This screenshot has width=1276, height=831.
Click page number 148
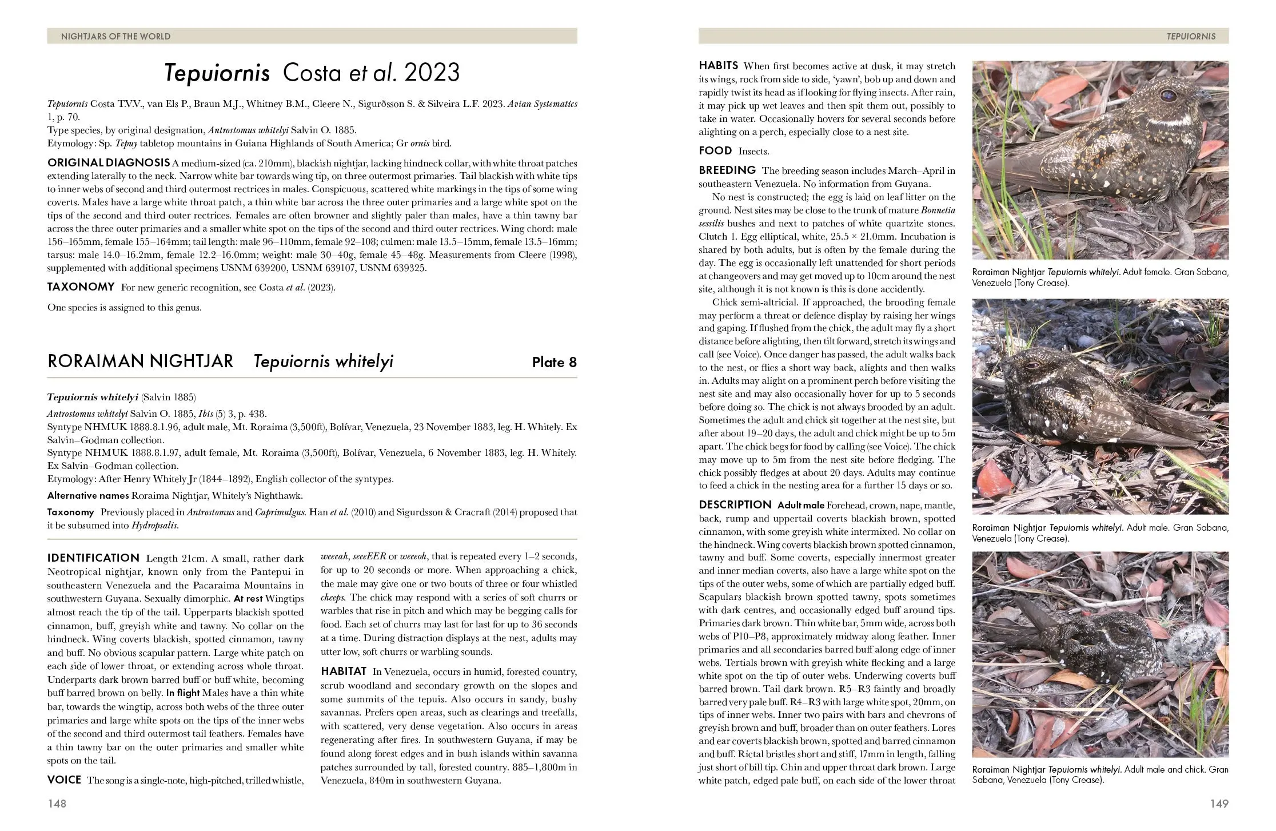(57, 804)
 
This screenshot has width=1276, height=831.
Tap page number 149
(1219, 804)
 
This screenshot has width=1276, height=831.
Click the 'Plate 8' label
(554, 362)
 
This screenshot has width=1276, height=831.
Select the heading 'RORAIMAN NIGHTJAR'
(140, 361)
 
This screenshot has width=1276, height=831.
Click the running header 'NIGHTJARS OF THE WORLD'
(115, 37)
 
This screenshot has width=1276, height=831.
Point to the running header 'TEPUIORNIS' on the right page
(1191, 37)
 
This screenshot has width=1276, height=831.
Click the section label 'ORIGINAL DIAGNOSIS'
(108, 162)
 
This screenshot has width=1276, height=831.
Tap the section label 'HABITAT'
(343, 671)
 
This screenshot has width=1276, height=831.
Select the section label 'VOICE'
(65, 780)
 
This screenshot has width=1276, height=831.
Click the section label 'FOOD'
(715, 151)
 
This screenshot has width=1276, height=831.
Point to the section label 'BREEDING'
(727, 170)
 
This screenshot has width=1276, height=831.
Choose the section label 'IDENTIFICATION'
(93, 558)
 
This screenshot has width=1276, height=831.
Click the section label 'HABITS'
(718, 66)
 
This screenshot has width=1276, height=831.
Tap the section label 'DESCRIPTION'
(735, 504)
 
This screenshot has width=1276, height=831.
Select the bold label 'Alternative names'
(88, 495)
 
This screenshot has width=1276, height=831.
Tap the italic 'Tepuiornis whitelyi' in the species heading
(323, 361)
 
